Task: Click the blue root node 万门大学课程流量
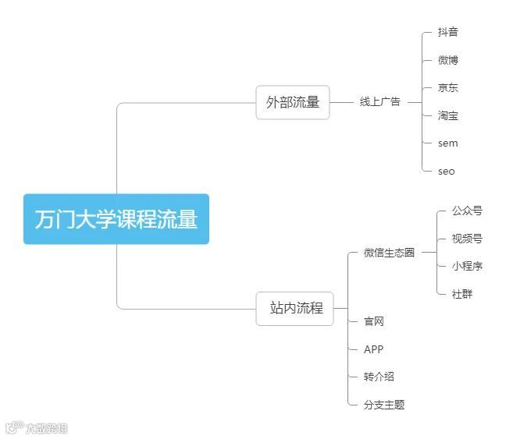pyautogui.click(x=116, y=219)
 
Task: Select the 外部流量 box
pyautogui.click(x=293, y=102)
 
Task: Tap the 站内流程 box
pyautogui.click(x=294, y=308)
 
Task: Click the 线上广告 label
pyautogui.click(x=379, y=102)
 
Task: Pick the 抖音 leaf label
pyautogui.click(x=448, y=32)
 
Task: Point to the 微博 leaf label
pyautogui.click(x=448, y=60)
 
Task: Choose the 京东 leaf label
pyautogui.click(x=448, y=88)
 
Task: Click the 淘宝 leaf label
pyautogui.click(x=448, y=116)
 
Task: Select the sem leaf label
pyautogui.click(x=448, y=143)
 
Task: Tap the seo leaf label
pyautogui.click(x=447, y=172)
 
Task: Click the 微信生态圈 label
pyautogui.click(x=389, y=253)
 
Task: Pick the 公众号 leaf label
pyautogui.click(x=467, y=211)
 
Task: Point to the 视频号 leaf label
pyautogui.click(x=467, y=239)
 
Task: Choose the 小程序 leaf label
pyautogui.click(x=467, y=266)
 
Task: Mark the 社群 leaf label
pyautogui.click(x=462, y=294)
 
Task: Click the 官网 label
pyautogui.click(x=374, y=321)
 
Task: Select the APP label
pyautogui.click(x=374, y=349)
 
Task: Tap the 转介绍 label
pyautogui.click(x=379, y=377)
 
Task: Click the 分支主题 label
pyautogui.click(x=384, y=405)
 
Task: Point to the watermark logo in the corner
pyautogui.click(x=36, y=427)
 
